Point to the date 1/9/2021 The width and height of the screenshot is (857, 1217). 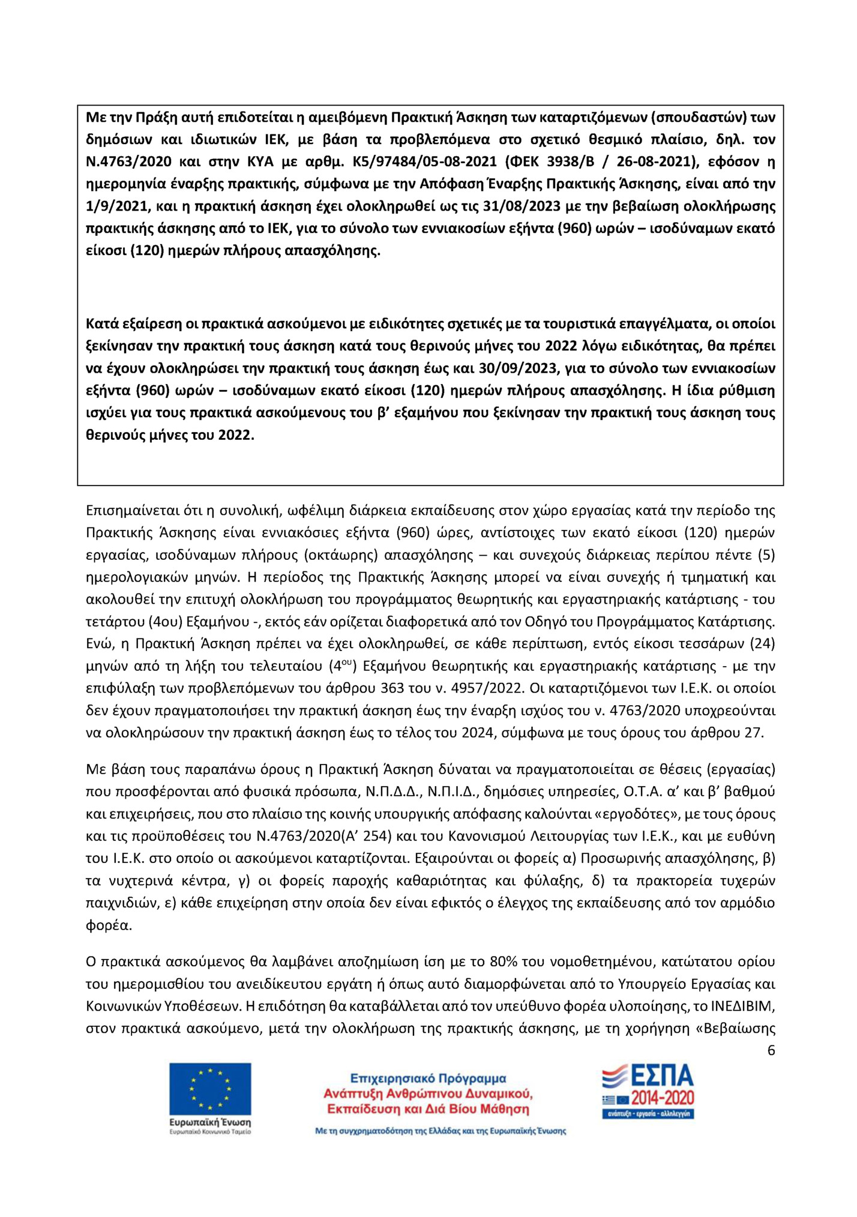[116, 206]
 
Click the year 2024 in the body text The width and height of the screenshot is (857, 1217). [477, 733]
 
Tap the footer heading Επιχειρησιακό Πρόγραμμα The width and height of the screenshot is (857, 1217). [428, 1078]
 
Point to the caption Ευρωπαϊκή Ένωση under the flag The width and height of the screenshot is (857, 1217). [210, 1122]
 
